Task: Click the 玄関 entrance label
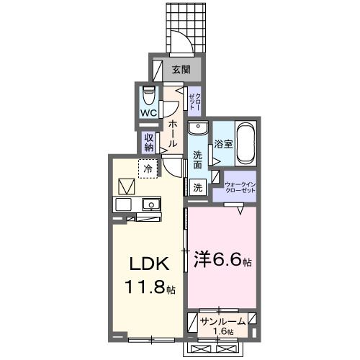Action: pos(181,70)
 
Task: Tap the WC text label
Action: pos(148,113)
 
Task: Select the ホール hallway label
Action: pos(173,134)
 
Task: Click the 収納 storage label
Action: pos(149,142)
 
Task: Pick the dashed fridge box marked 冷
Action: pos(148,168)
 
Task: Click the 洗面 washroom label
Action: pos(197,159)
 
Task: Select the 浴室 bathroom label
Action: pos(223,144)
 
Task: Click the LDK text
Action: pos(150,264)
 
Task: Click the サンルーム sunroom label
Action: pos(223,321)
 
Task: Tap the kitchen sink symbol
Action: pos(150,204)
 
